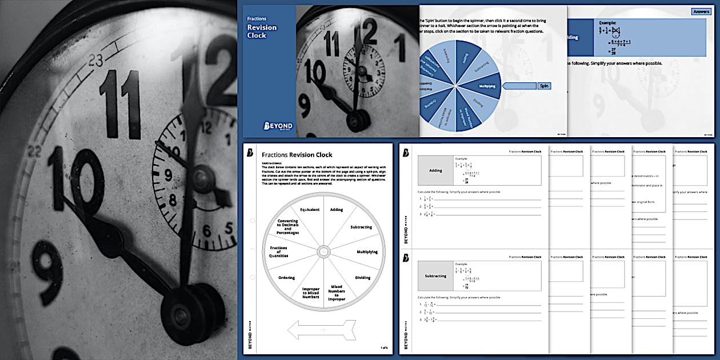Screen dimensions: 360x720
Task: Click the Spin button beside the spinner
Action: click(x=543, y=86)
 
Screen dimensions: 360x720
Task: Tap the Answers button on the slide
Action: click(x=700, y=11)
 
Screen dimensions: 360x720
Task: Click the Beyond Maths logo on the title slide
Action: click(x=278, y=126)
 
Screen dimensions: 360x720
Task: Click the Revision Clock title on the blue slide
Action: click(x=261, y=31)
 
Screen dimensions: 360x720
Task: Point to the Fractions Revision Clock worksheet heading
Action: click(x=297, y=155)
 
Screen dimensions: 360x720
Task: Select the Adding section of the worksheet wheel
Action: click(x=337, y=210)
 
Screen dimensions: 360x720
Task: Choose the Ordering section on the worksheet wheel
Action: click(x=286, y=278)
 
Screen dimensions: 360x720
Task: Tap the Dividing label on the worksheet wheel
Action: click(x=362, y=278)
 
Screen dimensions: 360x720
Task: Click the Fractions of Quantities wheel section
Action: click(x=279, y=251)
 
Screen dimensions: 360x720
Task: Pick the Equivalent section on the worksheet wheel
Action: click(x=309, y=210)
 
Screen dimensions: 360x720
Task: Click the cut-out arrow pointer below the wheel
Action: click(x=322, y=330)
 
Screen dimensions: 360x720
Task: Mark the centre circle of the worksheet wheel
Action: click(x=323, y=251)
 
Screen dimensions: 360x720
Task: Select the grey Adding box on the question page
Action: click(x=435, y=170)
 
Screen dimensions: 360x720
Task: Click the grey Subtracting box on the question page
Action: click(x=435, y=276)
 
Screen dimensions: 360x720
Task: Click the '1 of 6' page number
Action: click(x=383, y=347)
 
